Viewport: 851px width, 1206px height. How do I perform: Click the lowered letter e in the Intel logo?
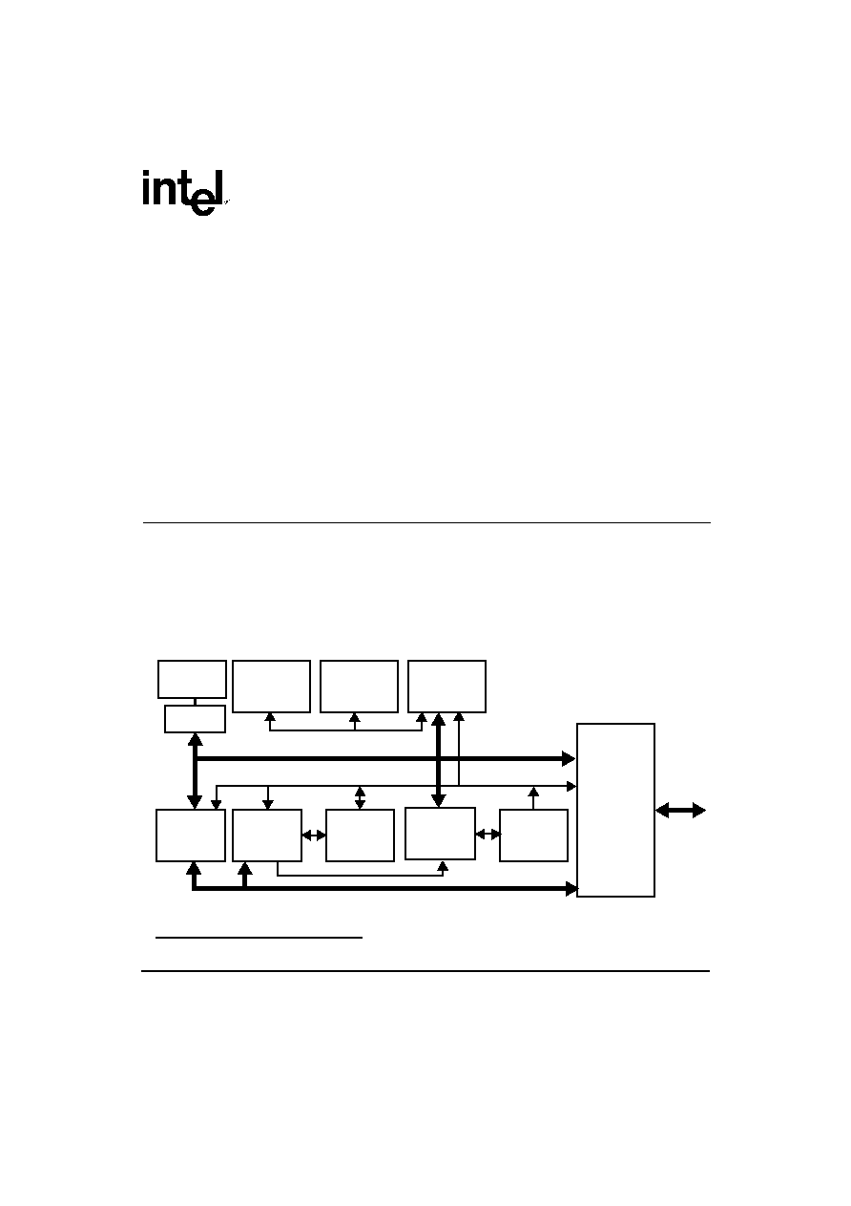(x=203, y=202)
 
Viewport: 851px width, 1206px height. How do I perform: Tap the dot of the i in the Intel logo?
(x=145, y=174)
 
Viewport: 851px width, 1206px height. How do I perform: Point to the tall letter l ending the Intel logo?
(x=219, y=188)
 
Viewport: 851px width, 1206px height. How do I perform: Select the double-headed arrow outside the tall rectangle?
(x=680, y=811)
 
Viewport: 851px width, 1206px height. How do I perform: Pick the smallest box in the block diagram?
(x=195, y=719)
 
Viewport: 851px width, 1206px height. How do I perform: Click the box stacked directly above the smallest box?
(x=192, y=679)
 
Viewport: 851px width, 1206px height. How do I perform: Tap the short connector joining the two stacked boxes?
(x=195, y=702)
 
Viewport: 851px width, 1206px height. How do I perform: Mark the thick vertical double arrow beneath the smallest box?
(x=195, y=771)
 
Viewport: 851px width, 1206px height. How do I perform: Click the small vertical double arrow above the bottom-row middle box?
(x=360, y=798)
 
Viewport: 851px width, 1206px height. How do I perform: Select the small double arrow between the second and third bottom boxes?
(x=314, y=836)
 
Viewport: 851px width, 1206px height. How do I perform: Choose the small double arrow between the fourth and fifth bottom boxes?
(x=488, y=835)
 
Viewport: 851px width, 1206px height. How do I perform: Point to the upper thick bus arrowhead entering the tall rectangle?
(x=569, y=758)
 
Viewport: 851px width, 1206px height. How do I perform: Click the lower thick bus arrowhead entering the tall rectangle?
(x=571, y=889)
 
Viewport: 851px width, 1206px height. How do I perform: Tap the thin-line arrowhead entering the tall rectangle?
(x=571, y=787)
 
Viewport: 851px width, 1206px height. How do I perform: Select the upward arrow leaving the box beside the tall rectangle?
(x=533, y=798)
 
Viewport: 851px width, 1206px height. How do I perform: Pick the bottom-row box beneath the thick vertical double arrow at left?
(x=191, y=836)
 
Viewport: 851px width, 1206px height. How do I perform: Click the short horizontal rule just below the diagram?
(x=259, y=938)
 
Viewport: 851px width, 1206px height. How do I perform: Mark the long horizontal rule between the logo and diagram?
(x=426, y=522)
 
